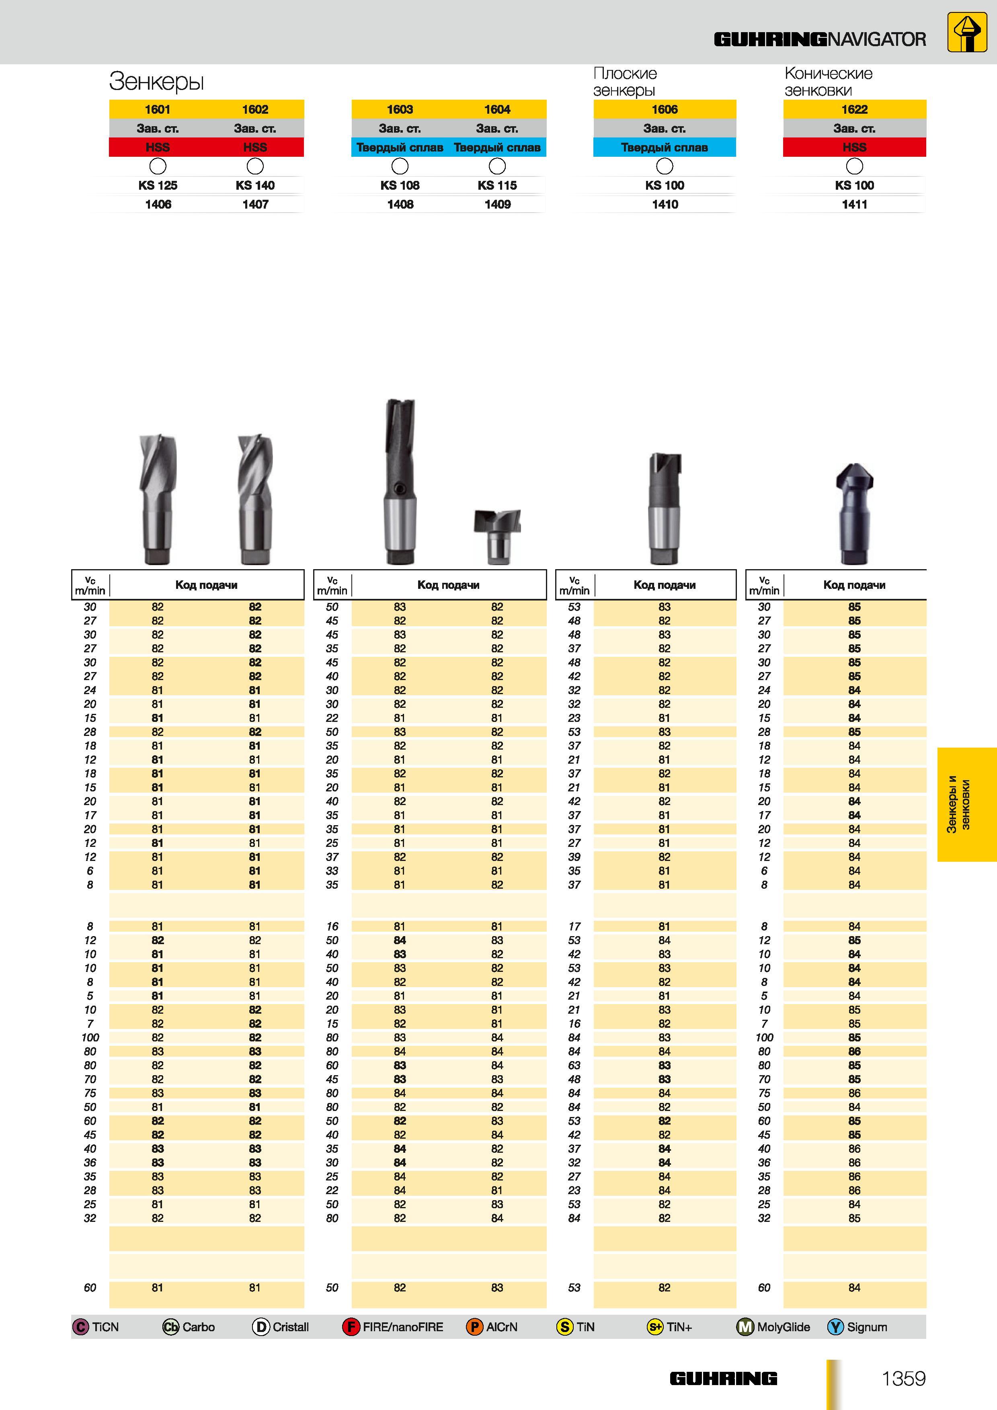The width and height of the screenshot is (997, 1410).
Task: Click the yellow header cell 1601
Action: point(158,109)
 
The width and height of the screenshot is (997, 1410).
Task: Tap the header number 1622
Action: point(854,109)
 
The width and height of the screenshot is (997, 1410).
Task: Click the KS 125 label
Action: point(158,185)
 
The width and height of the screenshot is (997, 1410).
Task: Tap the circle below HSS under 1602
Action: point(255,166)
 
